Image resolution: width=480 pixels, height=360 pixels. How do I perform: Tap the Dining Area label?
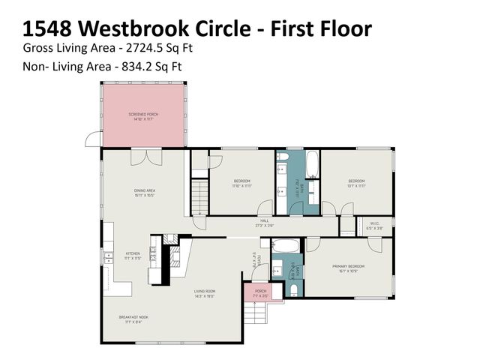point(144,193)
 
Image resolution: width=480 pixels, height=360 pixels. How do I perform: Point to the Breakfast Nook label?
point(133,319)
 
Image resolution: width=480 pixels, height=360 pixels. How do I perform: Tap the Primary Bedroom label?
point(346,267)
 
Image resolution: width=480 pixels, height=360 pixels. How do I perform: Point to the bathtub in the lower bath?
point(284,246)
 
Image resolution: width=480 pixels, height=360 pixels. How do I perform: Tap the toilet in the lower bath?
point(293,289)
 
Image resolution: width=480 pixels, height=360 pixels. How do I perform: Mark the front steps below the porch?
point(255,315)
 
